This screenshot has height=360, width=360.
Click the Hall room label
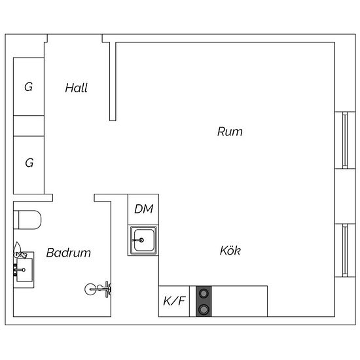76,88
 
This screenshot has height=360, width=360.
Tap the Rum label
230,132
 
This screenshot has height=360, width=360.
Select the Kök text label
230,250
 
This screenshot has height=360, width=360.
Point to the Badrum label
69,253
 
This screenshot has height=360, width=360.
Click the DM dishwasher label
144,209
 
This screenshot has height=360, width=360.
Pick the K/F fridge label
174,301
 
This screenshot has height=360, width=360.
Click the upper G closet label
28,87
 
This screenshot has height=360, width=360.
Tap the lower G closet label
29,163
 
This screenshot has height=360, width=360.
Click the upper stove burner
204,293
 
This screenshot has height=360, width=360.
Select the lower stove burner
204,310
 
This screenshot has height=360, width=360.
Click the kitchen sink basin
144,240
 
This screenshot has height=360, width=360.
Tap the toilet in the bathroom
27,220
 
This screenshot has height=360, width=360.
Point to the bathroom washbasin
24,270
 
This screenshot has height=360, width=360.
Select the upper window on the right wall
345,140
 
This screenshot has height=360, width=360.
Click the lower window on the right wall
345,251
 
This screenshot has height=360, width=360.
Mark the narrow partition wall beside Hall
113,81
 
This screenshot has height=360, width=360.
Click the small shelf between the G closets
29,126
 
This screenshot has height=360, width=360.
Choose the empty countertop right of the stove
239,301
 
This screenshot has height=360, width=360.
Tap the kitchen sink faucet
139,240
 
